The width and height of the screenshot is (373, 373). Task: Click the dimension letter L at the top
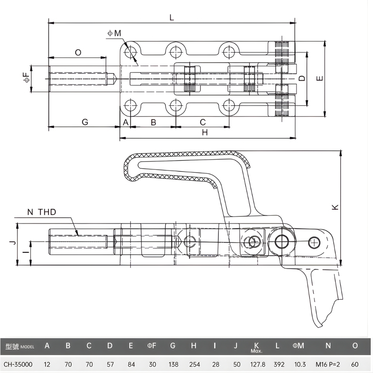pyautogui.click(x=172, y=17)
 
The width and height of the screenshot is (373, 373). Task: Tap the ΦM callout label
pyautogui.click(x=115, y=33)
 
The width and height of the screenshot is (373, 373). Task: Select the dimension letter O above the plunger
pyautogui.click(x=78, y=53)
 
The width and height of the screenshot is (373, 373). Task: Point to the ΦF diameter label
pyautogui.click(x=26, y=78)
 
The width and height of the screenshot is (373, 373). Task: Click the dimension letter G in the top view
pyautogui.click(x=85, y=122)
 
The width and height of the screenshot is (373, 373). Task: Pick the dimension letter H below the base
pyautogui.click(x=204, y=132)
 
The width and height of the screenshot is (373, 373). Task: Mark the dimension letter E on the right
pyautogui.click(x=319, y=78)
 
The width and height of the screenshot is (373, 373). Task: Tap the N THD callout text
pyautogui.click(x=42, y=212)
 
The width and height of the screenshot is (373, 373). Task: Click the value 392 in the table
pyautogui.click(x=277, y=364)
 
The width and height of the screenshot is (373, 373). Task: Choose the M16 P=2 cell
pyautogui.click(x=328, y=364)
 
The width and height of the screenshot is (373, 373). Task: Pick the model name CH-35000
pyautogui.click(x=18, y=364)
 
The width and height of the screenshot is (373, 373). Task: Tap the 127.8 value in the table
pyautogui.click(x=256, y=364)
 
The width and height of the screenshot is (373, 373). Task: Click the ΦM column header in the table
pyautogui.click(x=298, y=346)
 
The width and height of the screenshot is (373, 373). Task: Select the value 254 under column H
pyautogui.click(x=194, y=364)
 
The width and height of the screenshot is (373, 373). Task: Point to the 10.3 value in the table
pyautogui.click(x=298, y=364)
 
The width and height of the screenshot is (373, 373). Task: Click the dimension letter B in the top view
pyautogui.click(x=153, y=122)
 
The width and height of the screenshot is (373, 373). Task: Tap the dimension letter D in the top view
pyautogui.click(x=302, y=78)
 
